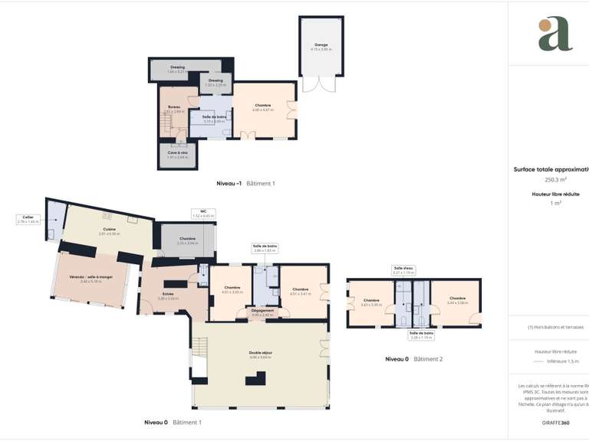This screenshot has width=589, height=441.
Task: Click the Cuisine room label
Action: (x=110, y=231)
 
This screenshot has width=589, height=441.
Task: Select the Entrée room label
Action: (x=168, y=296)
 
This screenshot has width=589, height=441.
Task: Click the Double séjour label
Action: (x=261, y=354)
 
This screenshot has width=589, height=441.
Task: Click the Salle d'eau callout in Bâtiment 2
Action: (x=403, y=270)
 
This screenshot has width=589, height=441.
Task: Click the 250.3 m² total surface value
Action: (x=554, y=179)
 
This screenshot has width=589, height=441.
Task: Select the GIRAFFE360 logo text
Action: (x=554, y=423)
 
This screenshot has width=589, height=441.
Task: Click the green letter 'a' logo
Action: (x=554, y=34)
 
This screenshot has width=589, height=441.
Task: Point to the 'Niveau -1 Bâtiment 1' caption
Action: (x=245, y=184)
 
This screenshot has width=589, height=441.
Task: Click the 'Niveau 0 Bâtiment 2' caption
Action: (x=413, y=358)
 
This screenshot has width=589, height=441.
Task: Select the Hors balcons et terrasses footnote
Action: (x=555, y=327)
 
